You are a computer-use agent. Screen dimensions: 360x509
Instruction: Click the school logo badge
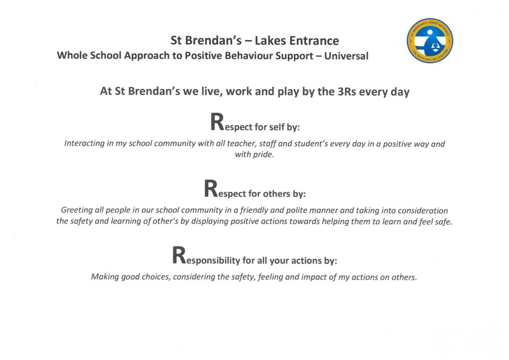click(x=429, y=40)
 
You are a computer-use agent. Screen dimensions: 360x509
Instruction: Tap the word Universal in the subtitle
click(x=346, y=56)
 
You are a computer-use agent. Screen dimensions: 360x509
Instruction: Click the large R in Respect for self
click(x=217, y=122)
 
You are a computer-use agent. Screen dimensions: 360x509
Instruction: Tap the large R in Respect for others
click(x=211, y=189)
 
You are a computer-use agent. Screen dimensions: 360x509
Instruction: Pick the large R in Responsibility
click(x=179, y=256)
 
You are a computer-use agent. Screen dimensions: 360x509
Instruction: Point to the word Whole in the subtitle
click(x=73, y=56)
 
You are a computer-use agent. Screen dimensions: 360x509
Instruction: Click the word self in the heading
click(x=277, y=127)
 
